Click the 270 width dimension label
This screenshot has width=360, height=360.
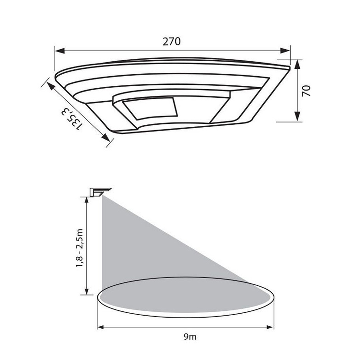tap(172, 42)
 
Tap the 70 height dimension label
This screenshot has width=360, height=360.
tap(306, 91)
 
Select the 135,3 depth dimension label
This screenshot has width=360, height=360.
tap(71, 119)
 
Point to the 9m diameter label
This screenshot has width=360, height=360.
tap(190, 337)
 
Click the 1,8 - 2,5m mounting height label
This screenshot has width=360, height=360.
tap(79, 248)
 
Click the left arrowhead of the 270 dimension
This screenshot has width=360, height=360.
tap(60, 51)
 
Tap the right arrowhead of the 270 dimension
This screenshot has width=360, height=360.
tap(285, 51)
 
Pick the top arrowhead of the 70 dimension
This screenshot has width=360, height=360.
tap(297, 65)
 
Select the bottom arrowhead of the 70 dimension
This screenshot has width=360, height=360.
tap(297, 116)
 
